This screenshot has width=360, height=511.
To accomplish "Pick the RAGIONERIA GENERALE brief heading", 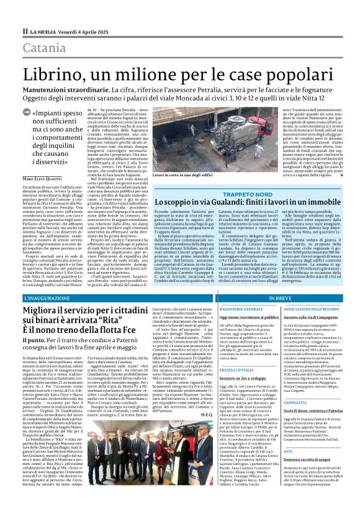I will (222, 308).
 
